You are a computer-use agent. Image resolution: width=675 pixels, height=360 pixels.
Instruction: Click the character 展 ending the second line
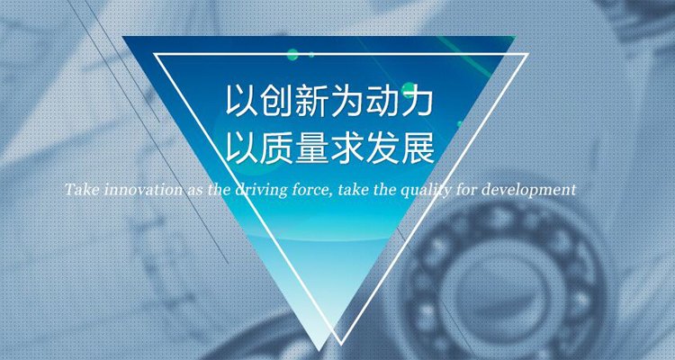(x=417, y=148)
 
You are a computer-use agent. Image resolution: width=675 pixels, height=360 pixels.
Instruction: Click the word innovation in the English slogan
(x=143, y=189)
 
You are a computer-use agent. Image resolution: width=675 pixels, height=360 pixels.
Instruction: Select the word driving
(x=261, y=190)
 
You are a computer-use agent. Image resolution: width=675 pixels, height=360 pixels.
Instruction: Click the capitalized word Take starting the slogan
(x=83, y=189)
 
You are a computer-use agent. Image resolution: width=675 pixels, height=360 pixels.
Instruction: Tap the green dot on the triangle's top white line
(x=292, y=55)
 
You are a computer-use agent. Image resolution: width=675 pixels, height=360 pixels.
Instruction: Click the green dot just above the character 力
(x=409, y=90)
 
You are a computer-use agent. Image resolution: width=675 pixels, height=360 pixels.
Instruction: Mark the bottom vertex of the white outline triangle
(x=341, y=344)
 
